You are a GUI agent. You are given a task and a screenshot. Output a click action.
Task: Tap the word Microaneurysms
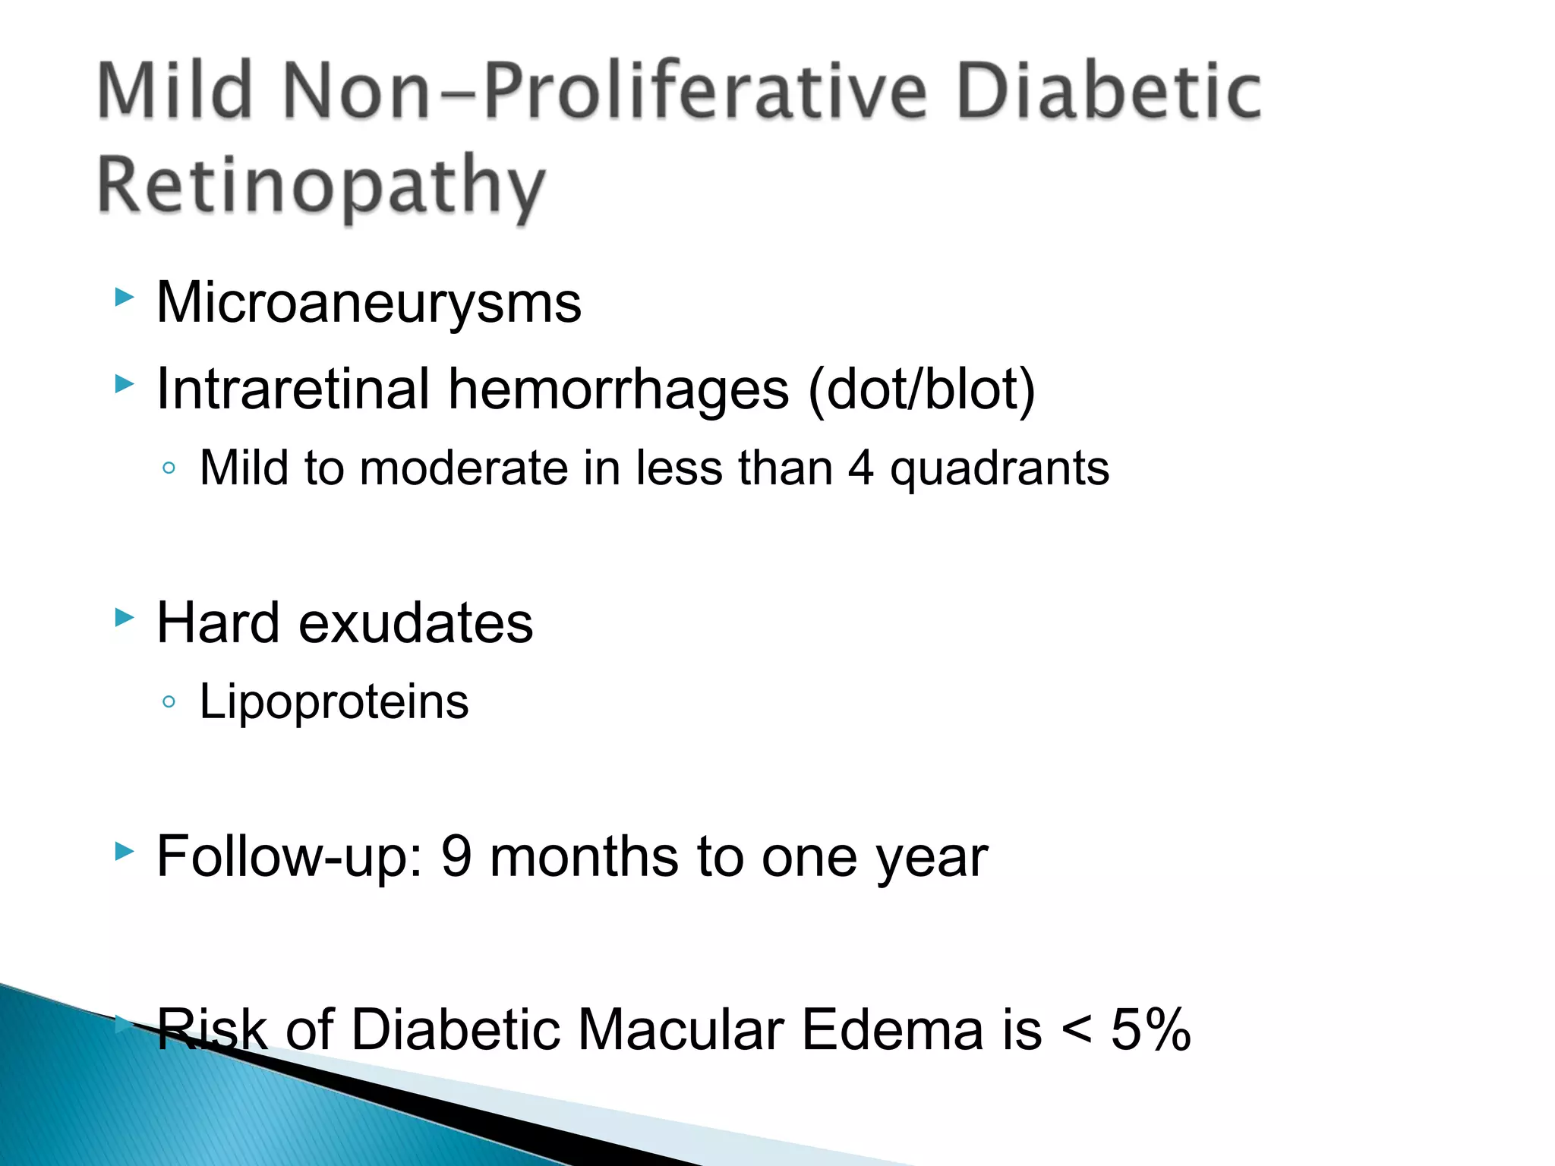point(369,303)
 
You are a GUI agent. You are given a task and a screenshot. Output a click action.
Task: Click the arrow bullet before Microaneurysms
point(124,297)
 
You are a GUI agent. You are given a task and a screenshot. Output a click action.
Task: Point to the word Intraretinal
point(293,389)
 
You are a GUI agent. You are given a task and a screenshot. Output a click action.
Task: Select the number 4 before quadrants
point(860,468)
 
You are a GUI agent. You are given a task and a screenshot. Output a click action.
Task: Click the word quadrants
point(999,469)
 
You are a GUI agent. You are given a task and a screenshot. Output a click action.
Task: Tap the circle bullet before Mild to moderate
point(169,468)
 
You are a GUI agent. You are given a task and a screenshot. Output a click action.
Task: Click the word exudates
point(416,623)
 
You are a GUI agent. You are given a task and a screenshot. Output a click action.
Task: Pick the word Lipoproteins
point(334,702)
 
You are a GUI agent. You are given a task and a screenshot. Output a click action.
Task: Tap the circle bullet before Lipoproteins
point(169,702)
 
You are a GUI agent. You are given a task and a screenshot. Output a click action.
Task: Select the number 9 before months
point(457,856)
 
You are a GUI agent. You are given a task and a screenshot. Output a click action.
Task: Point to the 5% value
point(1151,1030)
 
